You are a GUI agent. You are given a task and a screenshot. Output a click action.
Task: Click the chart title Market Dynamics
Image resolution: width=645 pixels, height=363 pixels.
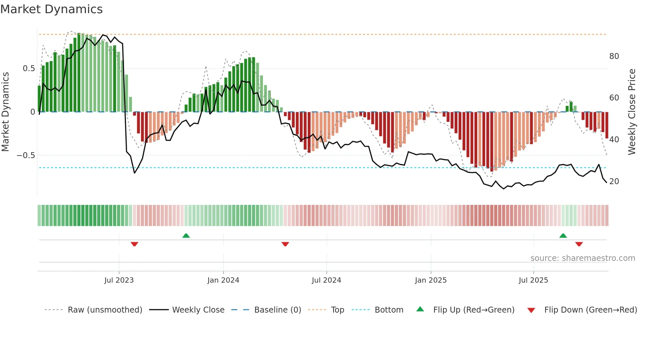pyautogui.click(x=52, y=9)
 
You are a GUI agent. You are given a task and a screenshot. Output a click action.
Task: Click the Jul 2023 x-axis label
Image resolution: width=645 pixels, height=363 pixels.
pyautogui.click(x=119, y=280)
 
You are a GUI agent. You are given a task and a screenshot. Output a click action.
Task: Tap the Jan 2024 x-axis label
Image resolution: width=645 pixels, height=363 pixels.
pyautogui.click(x=223, y=280)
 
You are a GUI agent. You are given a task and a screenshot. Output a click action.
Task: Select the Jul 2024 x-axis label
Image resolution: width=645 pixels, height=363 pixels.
pyautogui.click(x=326, y=280)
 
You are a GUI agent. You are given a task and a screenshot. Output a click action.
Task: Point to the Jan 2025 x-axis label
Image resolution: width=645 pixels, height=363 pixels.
pyautogui.click(x=430, y=280)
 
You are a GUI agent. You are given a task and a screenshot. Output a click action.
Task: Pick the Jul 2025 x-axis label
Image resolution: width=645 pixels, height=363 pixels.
pyautogui.click(x=533, y=280)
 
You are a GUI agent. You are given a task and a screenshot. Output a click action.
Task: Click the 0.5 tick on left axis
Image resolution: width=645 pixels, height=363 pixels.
pyautogui.click(x=29, y=69)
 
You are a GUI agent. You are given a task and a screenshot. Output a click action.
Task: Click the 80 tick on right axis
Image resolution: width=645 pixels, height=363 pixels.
pyautogui.click(x=614, y=56)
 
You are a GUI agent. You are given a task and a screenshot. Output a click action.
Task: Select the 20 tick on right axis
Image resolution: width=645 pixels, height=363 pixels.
pyautogui.click(x=614, y=181)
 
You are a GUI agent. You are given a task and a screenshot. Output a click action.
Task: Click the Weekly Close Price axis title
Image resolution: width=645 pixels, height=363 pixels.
pyautogui.click(x=632, y=112)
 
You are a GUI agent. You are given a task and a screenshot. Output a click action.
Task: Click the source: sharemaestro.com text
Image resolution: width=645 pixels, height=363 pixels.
pyautogui.click(x=582, y=258)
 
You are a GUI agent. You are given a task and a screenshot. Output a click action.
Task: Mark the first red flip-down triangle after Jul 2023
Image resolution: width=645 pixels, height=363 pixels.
pyautogui.click(x=134, y=244)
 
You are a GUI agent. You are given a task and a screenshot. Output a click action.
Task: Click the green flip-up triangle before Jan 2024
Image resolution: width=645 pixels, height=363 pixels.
pyautogui.click(x=186, y=236)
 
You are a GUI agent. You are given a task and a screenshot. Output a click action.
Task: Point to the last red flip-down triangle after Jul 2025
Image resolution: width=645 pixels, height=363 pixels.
pyautogui.click(x=579, y=244)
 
